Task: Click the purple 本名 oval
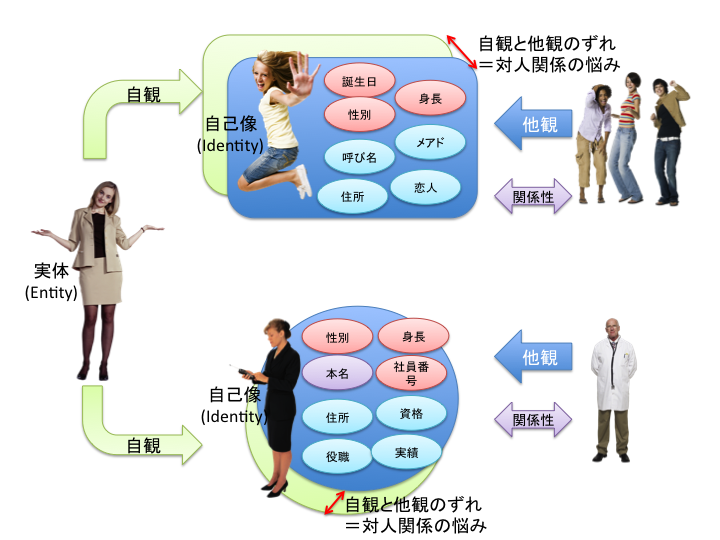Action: [x=336, y=373]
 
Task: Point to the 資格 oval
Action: [x=409, y=413]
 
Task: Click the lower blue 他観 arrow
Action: [x=535, y=357]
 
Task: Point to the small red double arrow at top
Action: [x=459, y=46]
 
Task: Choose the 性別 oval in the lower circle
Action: [x=337, y=338]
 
